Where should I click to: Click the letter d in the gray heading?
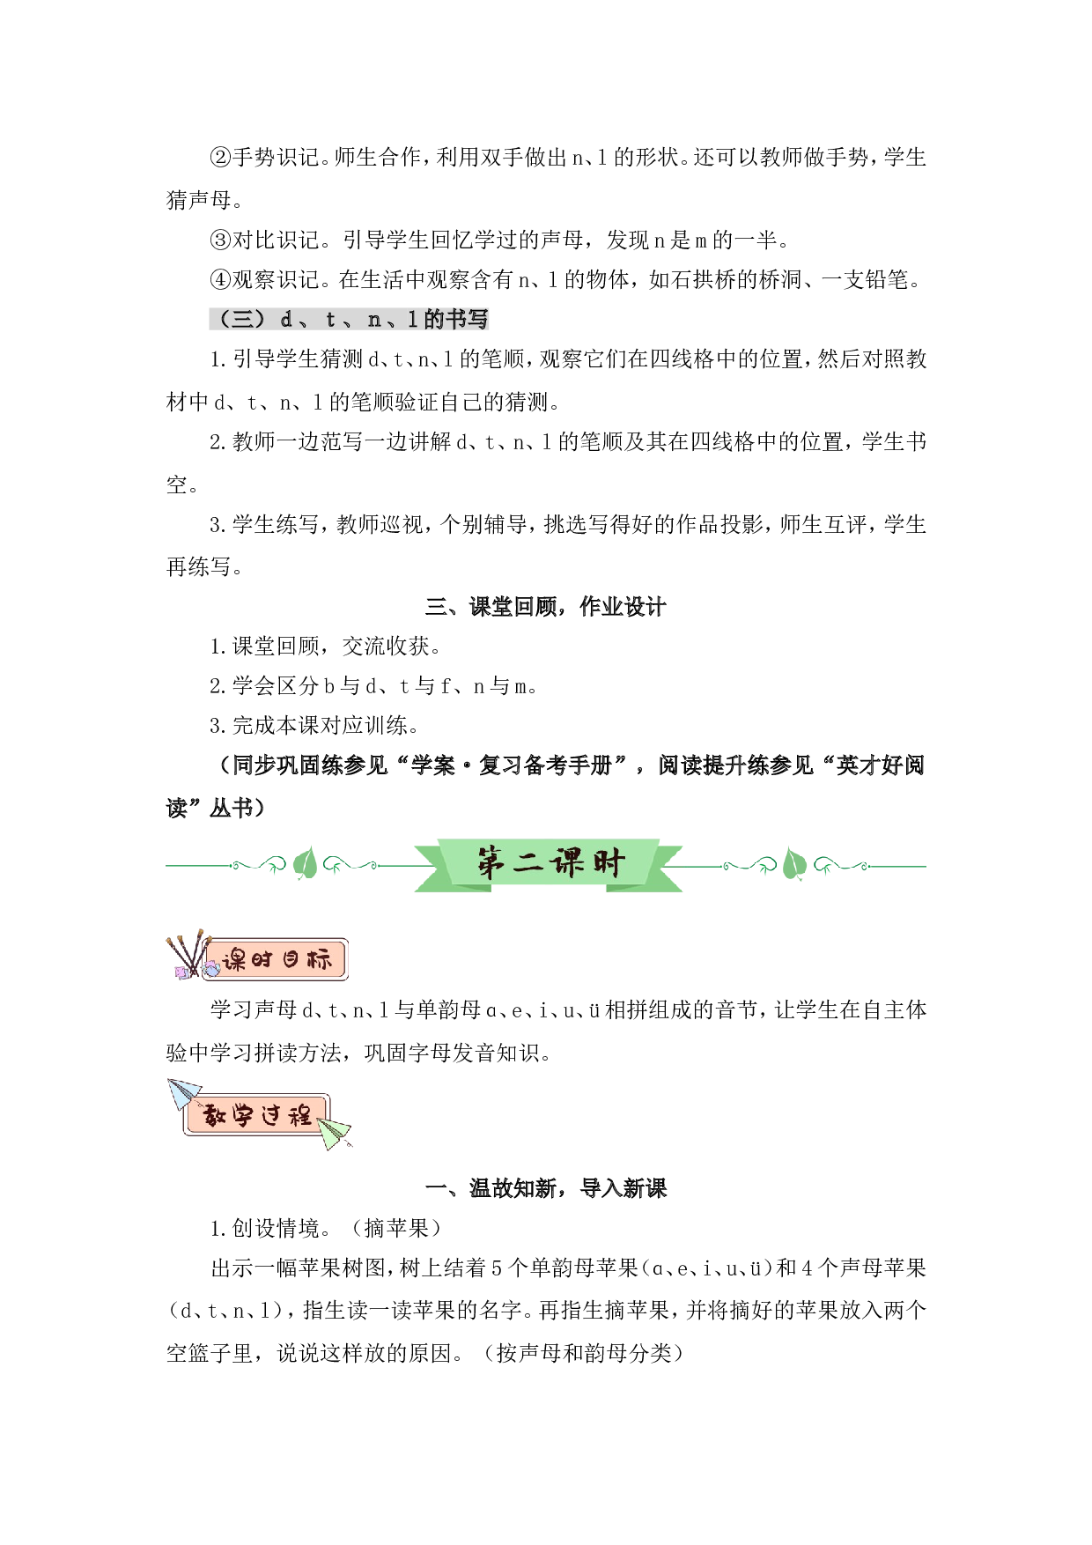point(286,319)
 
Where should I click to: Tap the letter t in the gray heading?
point(330,319)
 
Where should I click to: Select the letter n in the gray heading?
point(374,319)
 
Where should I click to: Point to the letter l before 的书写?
point(412,319)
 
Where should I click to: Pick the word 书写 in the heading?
point(467,319)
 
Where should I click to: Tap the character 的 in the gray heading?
point(433,319)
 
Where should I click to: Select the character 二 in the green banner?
point(528,863)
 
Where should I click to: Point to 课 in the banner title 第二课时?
point(567,863)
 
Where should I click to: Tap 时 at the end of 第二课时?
point(608,863)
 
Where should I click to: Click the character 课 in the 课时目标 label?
point(234,959)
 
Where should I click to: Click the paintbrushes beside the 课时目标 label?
point(184,953)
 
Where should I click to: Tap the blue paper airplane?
point(182,1094)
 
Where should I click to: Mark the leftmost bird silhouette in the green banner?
point(273,870)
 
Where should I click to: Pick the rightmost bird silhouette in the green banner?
point(828,870)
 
